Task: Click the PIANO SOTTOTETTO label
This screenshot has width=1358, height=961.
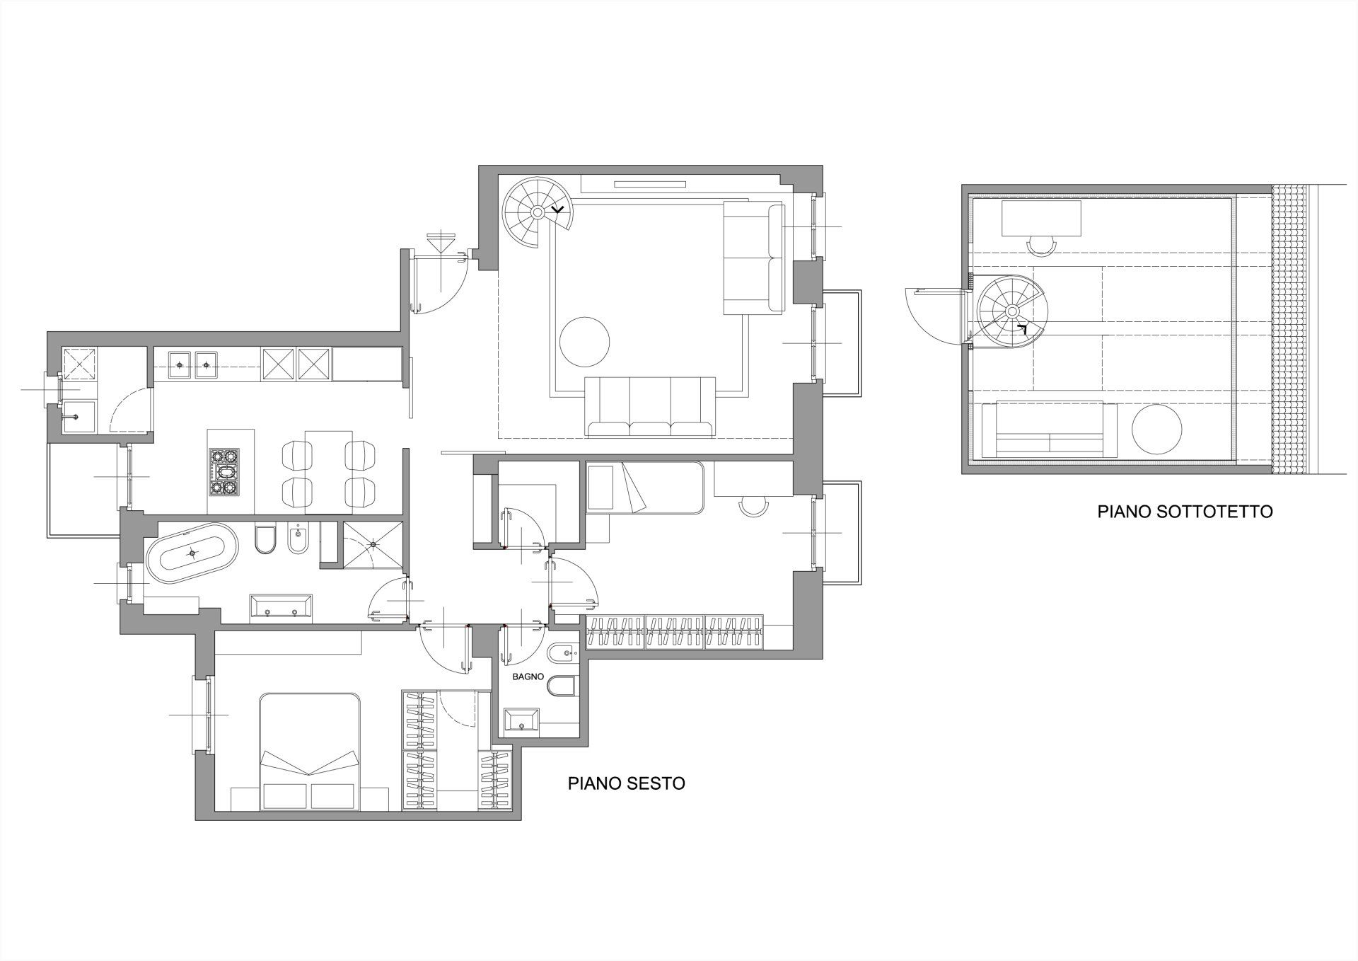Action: (1185, 512)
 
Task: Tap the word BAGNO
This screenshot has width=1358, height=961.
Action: (529, 677)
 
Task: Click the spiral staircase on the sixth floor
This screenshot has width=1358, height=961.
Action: (538, 212)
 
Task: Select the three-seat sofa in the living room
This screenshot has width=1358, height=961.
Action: (651, 406)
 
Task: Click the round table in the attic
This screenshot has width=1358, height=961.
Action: (1156, 428)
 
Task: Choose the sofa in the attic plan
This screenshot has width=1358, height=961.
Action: (1050, 430)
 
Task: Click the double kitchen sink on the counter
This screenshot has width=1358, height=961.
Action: (193, 364)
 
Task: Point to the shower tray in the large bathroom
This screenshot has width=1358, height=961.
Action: (373, 545)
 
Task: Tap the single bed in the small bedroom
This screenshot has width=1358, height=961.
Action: (644, 488)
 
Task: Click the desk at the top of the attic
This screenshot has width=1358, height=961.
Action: (1041, 218)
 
